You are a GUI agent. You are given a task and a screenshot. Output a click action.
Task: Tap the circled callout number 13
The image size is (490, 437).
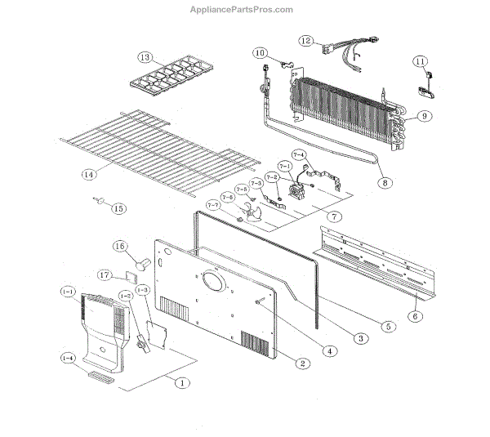click(145, 58)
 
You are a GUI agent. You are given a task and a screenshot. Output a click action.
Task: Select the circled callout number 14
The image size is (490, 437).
click(88, 173)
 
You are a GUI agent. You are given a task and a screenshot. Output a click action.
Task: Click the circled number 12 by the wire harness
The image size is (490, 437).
click(305, 40)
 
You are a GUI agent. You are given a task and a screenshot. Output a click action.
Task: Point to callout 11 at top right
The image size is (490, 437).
click(420, 61)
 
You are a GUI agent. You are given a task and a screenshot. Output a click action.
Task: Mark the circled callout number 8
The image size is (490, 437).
click(383, 183)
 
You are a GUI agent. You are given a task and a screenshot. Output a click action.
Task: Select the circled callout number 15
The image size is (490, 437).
click(119, 208)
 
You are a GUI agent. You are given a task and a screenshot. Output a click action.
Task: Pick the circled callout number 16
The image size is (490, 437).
click(120, 247)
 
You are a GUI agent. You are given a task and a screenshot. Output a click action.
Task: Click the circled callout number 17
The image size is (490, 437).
click(105, 274)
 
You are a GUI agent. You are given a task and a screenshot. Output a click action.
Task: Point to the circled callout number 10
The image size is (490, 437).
click(261, 53)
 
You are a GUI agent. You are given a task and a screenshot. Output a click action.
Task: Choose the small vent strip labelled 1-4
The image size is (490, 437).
click(100, 377)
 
